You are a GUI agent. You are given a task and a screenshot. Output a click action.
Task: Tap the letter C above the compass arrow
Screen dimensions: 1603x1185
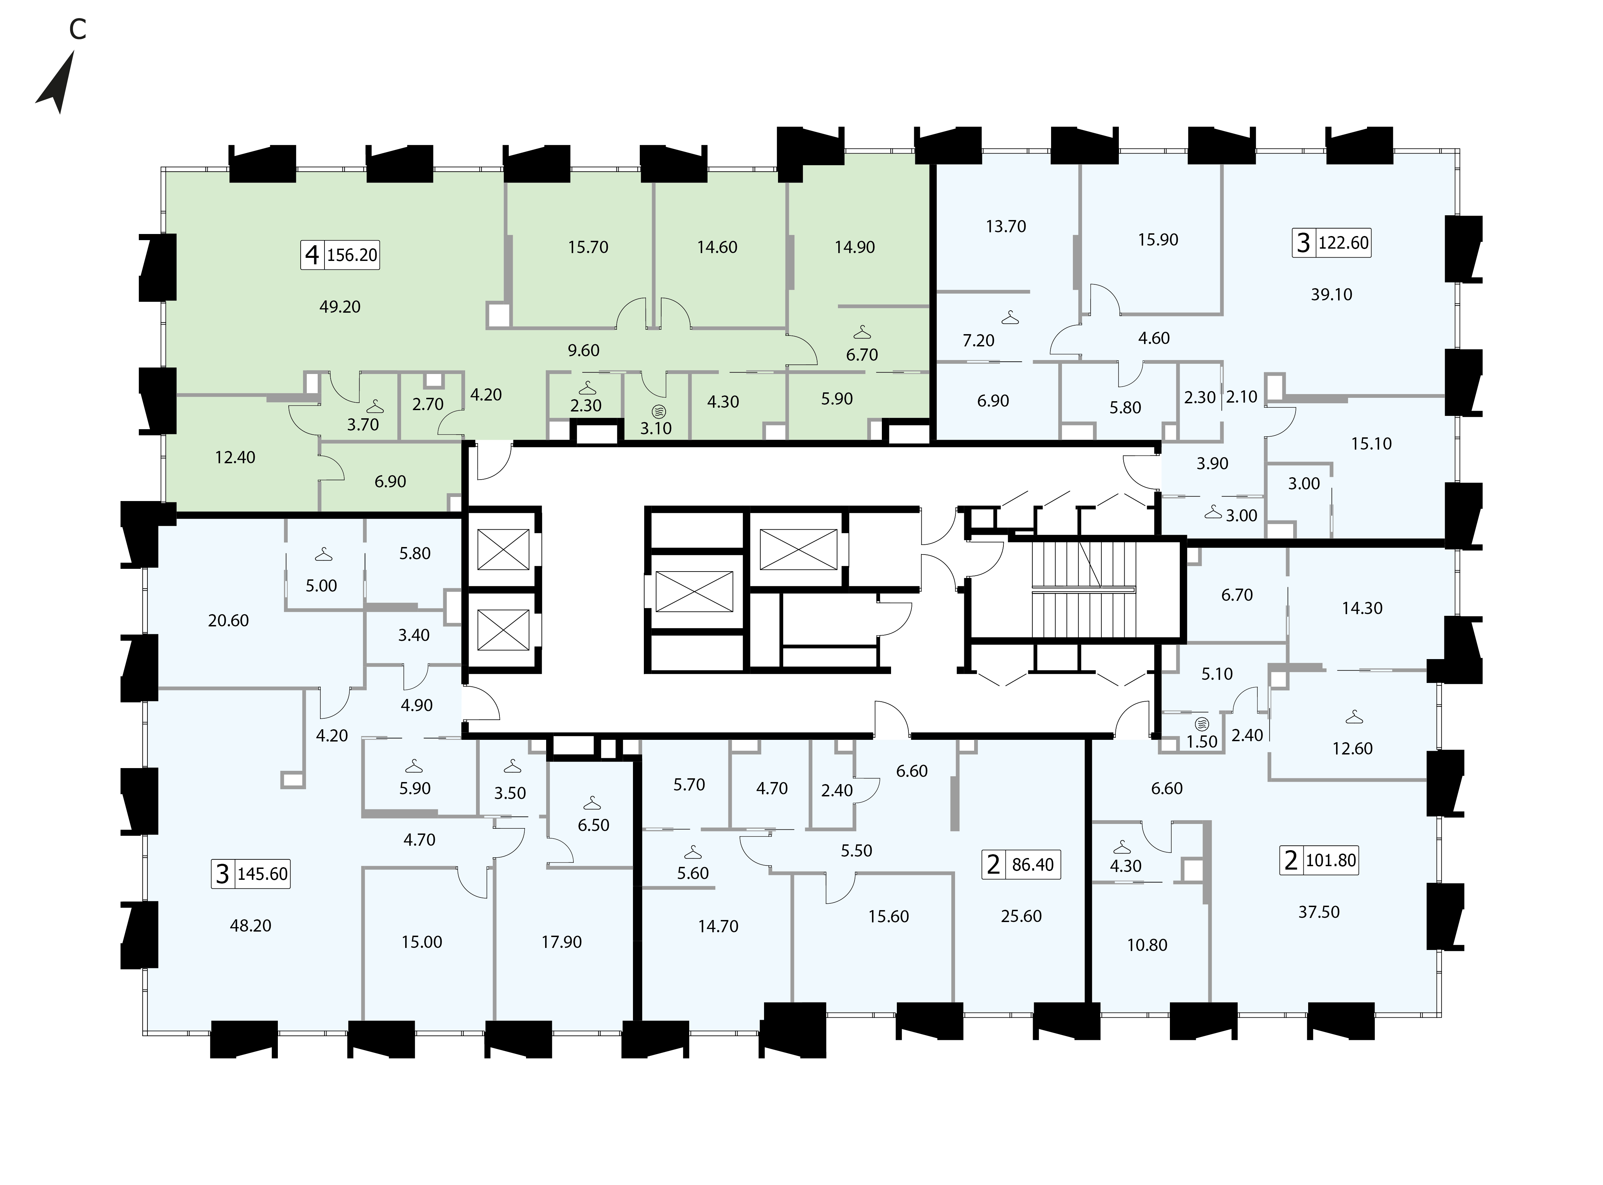click(77, 29)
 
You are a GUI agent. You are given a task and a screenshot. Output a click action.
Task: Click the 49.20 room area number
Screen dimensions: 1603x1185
click(340, 307)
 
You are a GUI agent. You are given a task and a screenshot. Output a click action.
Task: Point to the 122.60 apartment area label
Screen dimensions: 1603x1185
click(1344, 243)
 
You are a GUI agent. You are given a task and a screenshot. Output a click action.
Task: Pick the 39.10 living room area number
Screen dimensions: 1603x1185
click(1331, 294)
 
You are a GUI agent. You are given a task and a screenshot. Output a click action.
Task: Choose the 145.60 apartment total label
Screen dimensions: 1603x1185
click(263, 874)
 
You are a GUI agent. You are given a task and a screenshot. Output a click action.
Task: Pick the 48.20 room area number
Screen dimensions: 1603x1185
click(250, 926)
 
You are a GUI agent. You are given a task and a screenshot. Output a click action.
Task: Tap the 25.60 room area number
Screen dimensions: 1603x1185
click(1021, 916)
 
